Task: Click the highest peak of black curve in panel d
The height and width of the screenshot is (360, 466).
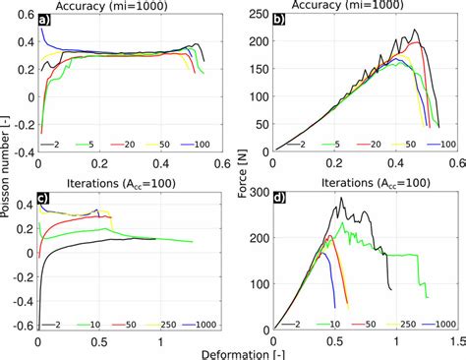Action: pyautogui.click(x=342, y=199)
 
